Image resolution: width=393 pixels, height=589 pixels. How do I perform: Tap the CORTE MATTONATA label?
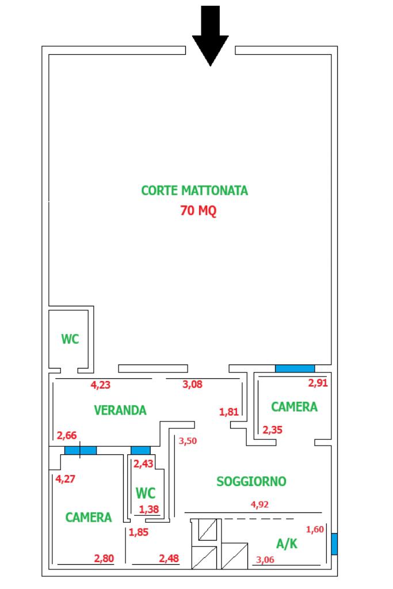point(194,191)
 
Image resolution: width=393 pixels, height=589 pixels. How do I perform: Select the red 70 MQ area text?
point(198,210)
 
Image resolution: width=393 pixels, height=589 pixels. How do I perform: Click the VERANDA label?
point(120,410)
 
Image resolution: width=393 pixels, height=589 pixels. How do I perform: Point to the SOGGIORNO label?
point(251,481)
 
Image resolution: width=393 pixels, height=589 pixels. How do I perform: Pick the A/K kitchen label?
point(287,543)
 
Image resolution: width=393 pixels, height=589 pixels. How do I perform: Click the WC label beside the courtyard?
point(70,339)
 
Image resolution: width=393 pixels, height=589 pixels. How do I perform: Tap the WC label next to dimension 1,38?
point(145,493)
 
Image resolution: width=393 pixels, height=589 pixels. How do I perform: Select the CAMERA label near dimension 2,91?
point(294,406)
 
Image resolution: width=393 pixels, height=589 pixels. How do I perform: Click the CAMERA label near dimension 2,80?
point(89,517)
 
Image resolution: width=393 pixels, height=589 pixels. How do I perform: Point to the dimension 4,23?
point(101,385)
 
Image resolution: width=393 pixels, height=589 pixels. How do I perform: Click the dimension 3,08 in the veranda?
point(193,384)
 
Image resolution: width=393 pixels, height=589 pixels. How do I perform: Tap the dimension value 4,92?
point(260,504)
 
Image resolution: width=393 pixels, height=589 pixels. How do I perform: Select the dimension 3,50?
point(188,441)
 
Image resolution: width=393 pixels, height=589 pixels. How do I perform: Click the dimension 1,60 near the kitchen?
point(315,530)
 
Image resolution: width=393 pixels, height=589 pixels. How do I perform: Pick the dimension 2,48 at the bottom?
point(169,558)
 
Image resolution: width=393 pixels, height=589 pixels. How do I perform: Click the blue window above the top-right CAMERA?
point(295,368)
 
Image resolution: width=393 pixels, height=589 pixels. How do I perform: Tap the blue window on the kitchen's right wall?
point(334,544)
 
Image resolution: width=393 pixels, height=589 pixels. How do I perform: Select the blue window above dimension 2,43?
point(140,450)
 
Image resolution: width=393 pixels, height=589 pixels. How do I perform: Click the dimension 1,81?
point(229,412)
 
